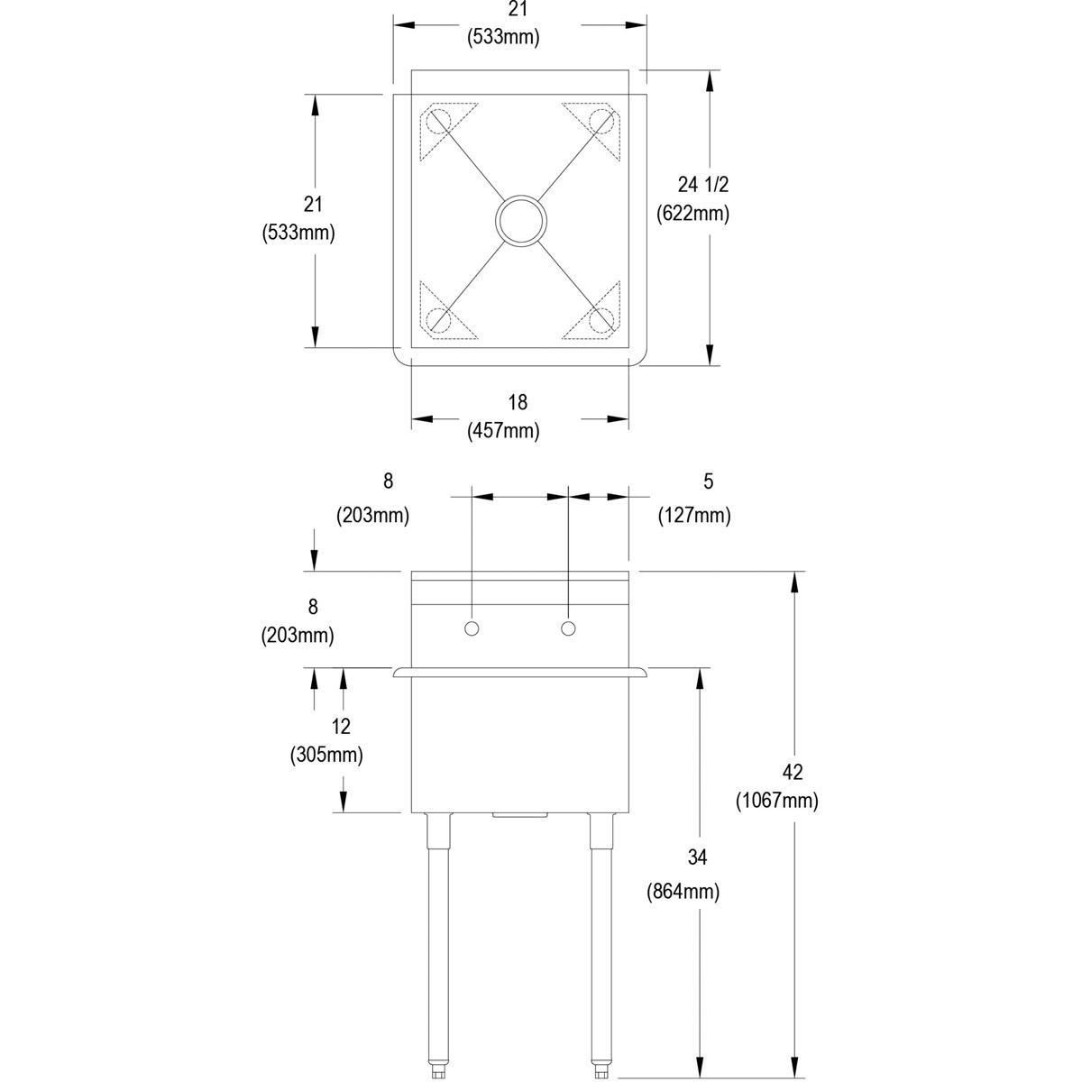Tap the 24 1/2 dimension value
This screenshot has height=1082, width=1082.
pos(702,184)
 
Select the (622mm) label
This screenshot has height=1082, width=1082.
pos(692,214)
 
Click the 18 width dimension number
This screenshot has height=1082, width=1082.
pos(518,402)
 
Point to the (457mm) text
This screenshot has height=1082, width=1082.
pos(503,431)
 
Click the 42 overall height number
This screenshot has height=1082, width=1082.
pos(793,772)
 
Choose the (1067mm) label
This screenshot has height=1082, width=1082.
pos(777,801)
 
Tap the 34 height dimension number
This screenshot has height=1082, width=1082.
pos(697,857)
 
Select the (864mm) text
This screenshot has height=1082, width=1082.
pos(683,892)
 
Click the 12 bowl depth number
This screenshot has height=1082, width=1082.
pos(341,726)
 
